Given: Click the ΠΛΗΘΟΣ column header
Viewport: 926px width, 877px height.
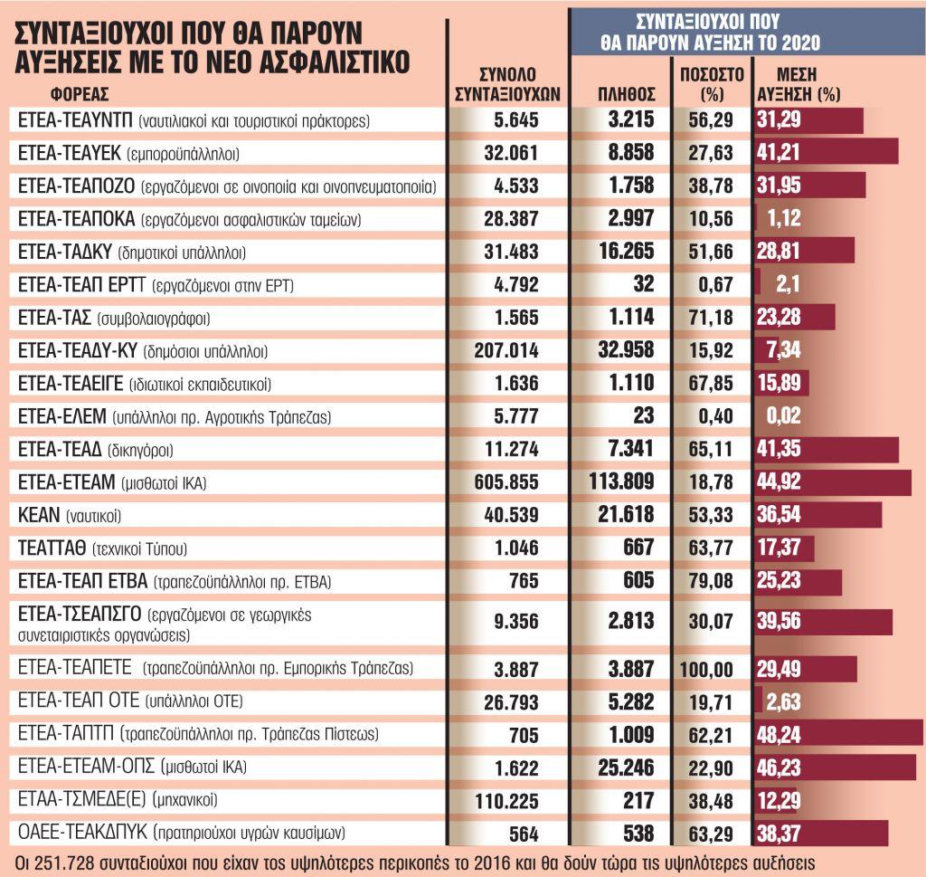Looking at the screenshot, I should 627,93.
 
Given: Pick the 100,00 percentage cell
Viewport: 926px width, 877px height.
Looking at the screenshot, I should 709,669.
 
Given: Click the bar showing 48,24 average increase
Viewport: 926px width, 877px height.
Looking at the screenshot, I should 837,733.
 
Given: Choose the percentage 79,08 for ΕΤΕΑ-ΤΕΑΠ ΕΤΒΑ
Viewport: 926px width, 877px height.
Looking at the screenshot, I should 709,581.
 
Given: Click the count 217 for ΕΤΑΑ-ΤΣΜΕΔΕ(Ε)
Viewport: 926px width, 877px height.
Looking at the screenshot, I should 640,800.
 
